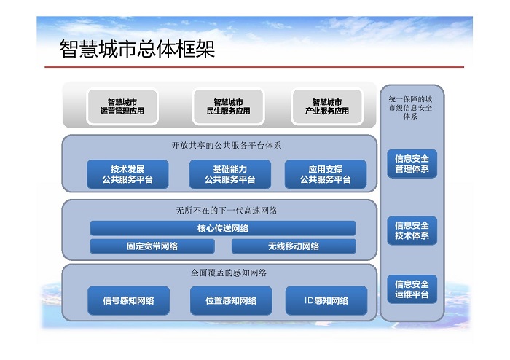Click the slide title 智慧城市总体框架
(137, 49)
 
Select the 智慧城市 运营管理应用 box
(122, 106)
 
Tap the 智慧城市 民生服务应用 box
(228, 106)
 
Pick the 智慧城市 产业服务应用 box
(327, 106)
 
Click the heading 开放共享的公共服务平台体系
(227, 145)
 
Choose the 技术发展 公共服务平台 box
(127, 174)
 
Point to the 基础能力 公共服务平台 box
(230, 174)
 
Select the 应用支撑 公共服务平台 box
(326, 174)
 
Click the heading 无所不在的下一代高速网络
(227, 211)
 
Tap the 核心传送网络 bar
(223, 228)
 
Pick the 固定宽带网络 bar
(152, 246)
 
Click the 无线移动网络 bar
(294, 246)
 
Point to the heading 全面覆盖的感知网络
(228, 273)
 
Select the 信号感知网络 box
(128, 300)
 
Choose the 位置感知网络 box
(231, 300)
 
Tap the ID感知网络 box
(326, 300)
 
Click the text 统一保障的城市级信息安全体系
(410, 108)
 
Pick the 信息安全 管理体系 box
(412, 164)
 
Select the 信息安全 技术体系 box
(412, 230)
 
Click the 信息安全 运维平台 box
(412, 289)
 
